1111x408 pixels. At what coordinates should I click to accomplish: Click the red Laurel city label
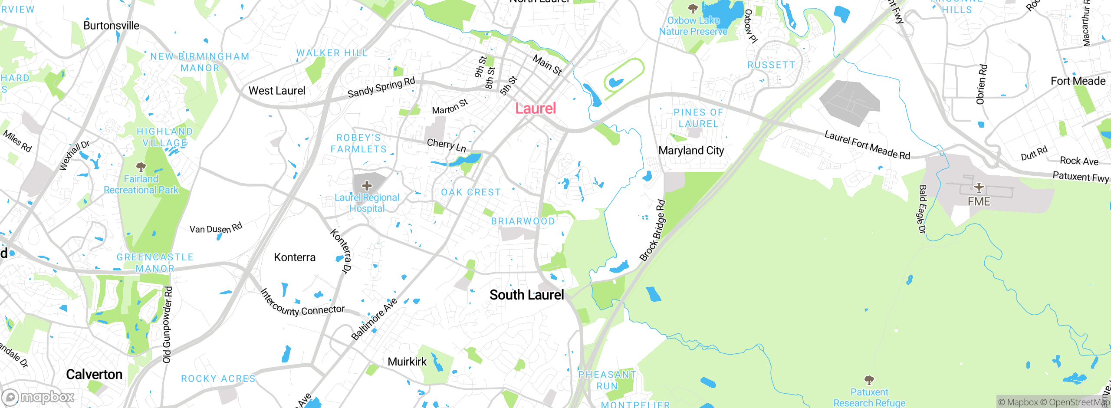[536, 109]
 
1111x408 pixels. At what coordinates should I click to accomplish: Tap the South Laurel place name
[526, 295]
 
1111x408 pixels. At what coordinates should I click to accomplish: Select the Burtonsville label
[111, 26]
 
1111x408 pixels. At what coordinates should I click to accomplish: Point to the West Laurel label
[277, 91]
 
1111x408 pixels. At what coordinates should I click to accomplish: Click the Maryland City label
[691, 151]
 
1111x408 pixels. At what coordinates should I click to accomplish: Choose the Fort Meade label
[1078, 81]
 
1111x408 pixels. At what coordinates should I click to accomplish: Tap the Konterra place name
[295, 257]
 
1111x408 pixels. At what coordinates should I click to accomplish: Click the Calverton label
[94, 375]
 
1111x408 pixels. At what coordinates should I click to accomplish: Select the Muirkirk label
[407, 362]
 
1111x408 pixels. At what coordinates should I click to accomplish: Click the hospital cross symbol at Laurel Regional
[367, 186]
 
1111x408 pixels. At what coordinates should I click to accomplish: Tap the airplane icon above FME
[979, 188]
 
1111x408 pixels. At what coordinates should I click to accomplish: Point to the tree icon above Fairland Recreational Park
[141, 167]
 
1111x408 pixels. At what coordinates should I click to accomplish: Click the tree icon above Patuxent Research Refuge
[869, 380]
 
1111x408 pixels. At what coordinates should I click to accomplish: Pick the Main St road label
[547, 65]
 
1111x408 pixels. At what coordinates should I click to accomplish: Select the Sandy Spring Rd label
[381, 87]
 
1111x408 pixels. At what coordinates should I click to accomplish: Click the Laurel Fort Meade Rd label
[867, 145]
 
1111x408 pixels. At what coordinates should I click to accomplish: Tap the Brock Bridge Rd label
[652, 230]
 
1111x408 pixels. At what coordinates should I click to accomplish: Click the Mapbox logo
[38, 397]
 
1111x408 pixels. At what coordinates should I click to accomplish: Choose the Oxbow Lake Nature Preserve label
[693, 26]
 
